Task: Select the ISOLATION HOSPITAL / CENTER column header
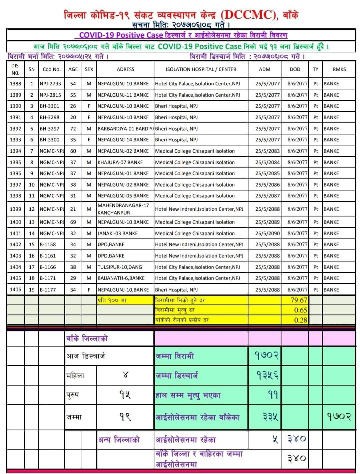pos(201,69)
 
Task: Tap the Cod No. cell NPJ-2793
pos(50,84)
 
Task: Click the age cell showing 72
pos(73,129)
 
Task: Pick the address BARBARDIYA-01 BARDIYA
pos(125,129)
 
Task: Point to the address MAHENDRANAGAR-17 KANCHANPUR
pos(123,209)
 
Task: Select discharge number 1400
pos(15,222)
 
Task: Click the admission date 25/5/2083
pos(267,151)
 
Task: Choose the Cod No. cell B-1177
pos(48,290)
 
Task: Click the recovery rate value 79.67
pos(298,300)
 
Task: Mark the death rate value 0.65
pos(300,310)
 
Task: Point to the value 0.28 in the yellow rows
pos(300,320)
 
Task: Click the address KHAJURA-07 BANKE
pos(120,162)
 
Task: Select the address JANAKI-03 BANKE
pos(117,233)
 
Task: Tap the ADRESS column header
pos(125,69)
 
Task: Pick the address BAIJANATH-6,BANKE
pos(121,278)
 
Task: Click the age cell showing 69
pos(73,222)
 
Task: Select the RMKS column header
pos(339,69)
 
